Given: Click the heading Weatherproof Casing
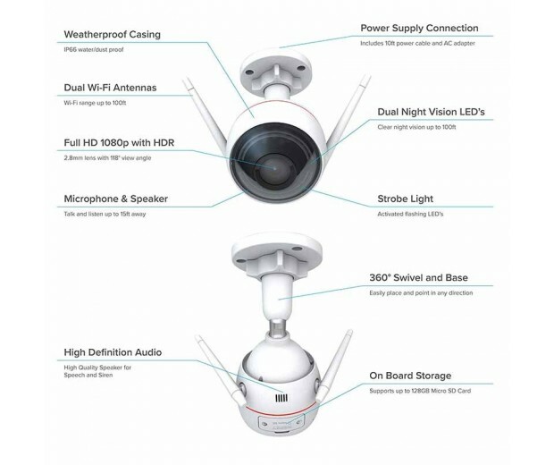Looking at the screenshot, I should [112, 34].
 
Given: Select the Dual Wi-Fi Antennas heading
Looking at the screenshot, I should [109, 88].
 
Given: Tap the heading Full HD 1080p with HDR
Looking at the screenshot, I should [120, 143].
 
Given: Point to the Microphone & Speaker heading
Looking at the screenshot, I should [115, 199].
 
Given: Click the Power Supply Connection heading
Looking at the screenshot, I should [419, 28].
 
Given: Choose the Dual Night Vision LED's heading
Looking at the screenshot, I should [432, 113].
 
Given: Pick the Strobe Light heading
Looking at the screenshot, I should [403, 199].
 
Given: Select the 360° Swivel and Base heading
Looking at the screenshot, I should [418, 278].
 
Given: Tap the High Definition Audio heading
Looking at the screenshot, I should [113, 352].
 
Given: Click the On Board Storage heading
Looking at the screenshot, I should [410, 376].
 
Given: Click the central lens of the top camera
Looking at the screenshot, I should [275, 165].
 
